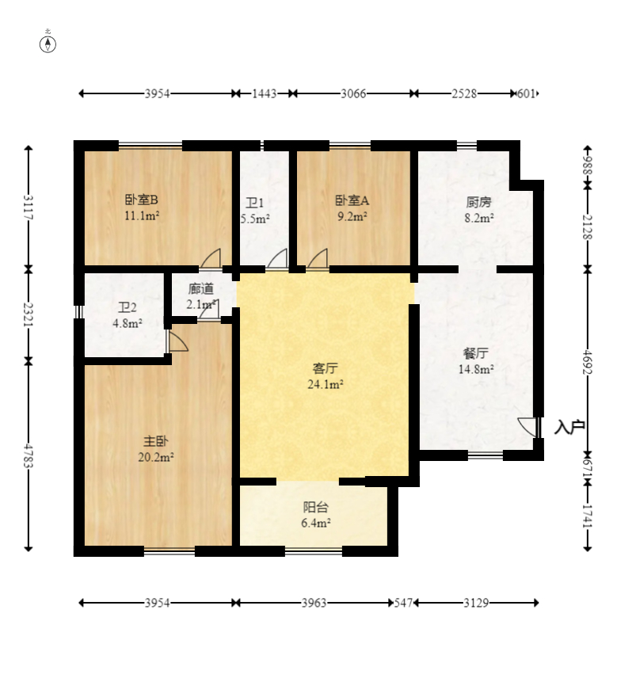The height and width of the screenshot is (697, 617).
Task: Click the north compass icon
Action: click(x=48, y=44)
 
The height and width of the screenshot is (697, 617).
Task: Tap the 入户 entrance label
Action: click(x=569, y=427)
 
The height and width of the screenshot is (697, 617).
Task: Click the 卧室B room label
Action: click(x=141, y=200)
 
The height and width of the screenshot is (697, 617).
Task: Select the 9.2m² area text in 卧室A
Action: click(x=352, y=216)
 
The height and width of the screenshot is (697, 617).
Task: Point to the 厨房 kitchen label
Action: click(x=478, y=202)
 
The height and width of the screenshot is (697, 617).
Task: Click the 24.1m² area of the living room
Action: click(x=326, y=384)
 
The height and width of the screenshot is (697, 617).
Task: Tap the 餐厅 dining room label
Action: click(x=476, y=354)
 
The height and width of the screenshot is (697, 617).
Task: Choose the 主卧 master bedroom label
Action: click(x=155, y=441)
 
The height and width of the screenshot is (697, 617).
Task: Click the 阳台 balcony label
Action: click(x=315, y=507)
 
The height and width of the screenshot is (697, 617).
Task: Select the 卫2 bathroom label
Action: click(x=128, y=307)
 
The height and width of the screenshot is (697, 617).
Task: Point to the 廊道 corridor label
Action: click(x=201, y=289)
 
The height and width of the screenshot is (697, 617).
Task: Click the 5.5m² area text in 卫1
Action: click(x=256, y=219)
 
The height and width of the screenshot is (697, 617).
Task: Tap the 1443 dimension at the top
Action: click(x=265, y=93)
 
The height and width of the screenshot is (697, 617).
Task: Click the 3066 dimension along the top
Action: click(x=353, y=93)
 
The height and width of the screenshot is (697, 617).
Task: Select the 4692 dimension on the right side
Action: click(x=588, y=362)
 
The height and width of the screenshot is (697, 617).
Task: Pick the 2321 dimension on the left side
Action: click(x=29, y=314)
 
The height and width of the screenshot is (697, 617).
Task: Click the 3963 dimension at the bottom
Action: click(x=314, y=604)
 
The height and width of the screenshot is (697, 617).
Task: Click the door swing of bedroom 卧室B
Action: click(x=211, y=258)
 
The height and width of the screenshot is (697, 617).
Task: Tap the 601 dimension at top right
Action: click(x=527, y=93)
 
